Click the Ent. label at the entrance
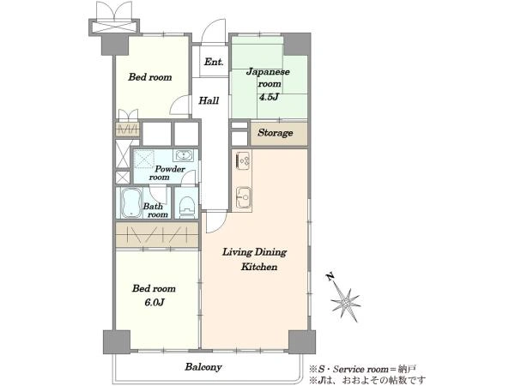point(214,62)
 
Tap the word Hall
point(209,100)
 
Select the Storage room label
point(276,133)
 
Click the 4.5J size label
point(269,97)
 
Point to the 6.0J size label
point(154,302)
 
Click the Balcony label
point(203,367)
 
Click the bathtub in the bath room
point(131,203)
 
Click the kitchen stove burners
point(243,161)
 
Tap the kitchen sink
point(244,197)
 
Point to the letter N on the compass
point(330,277)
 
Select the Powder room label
point(167,173)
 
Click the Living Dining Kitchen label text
point(255,259)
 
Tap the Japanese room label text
point(268,77)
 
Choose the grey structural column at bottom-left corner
point(117,342)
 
